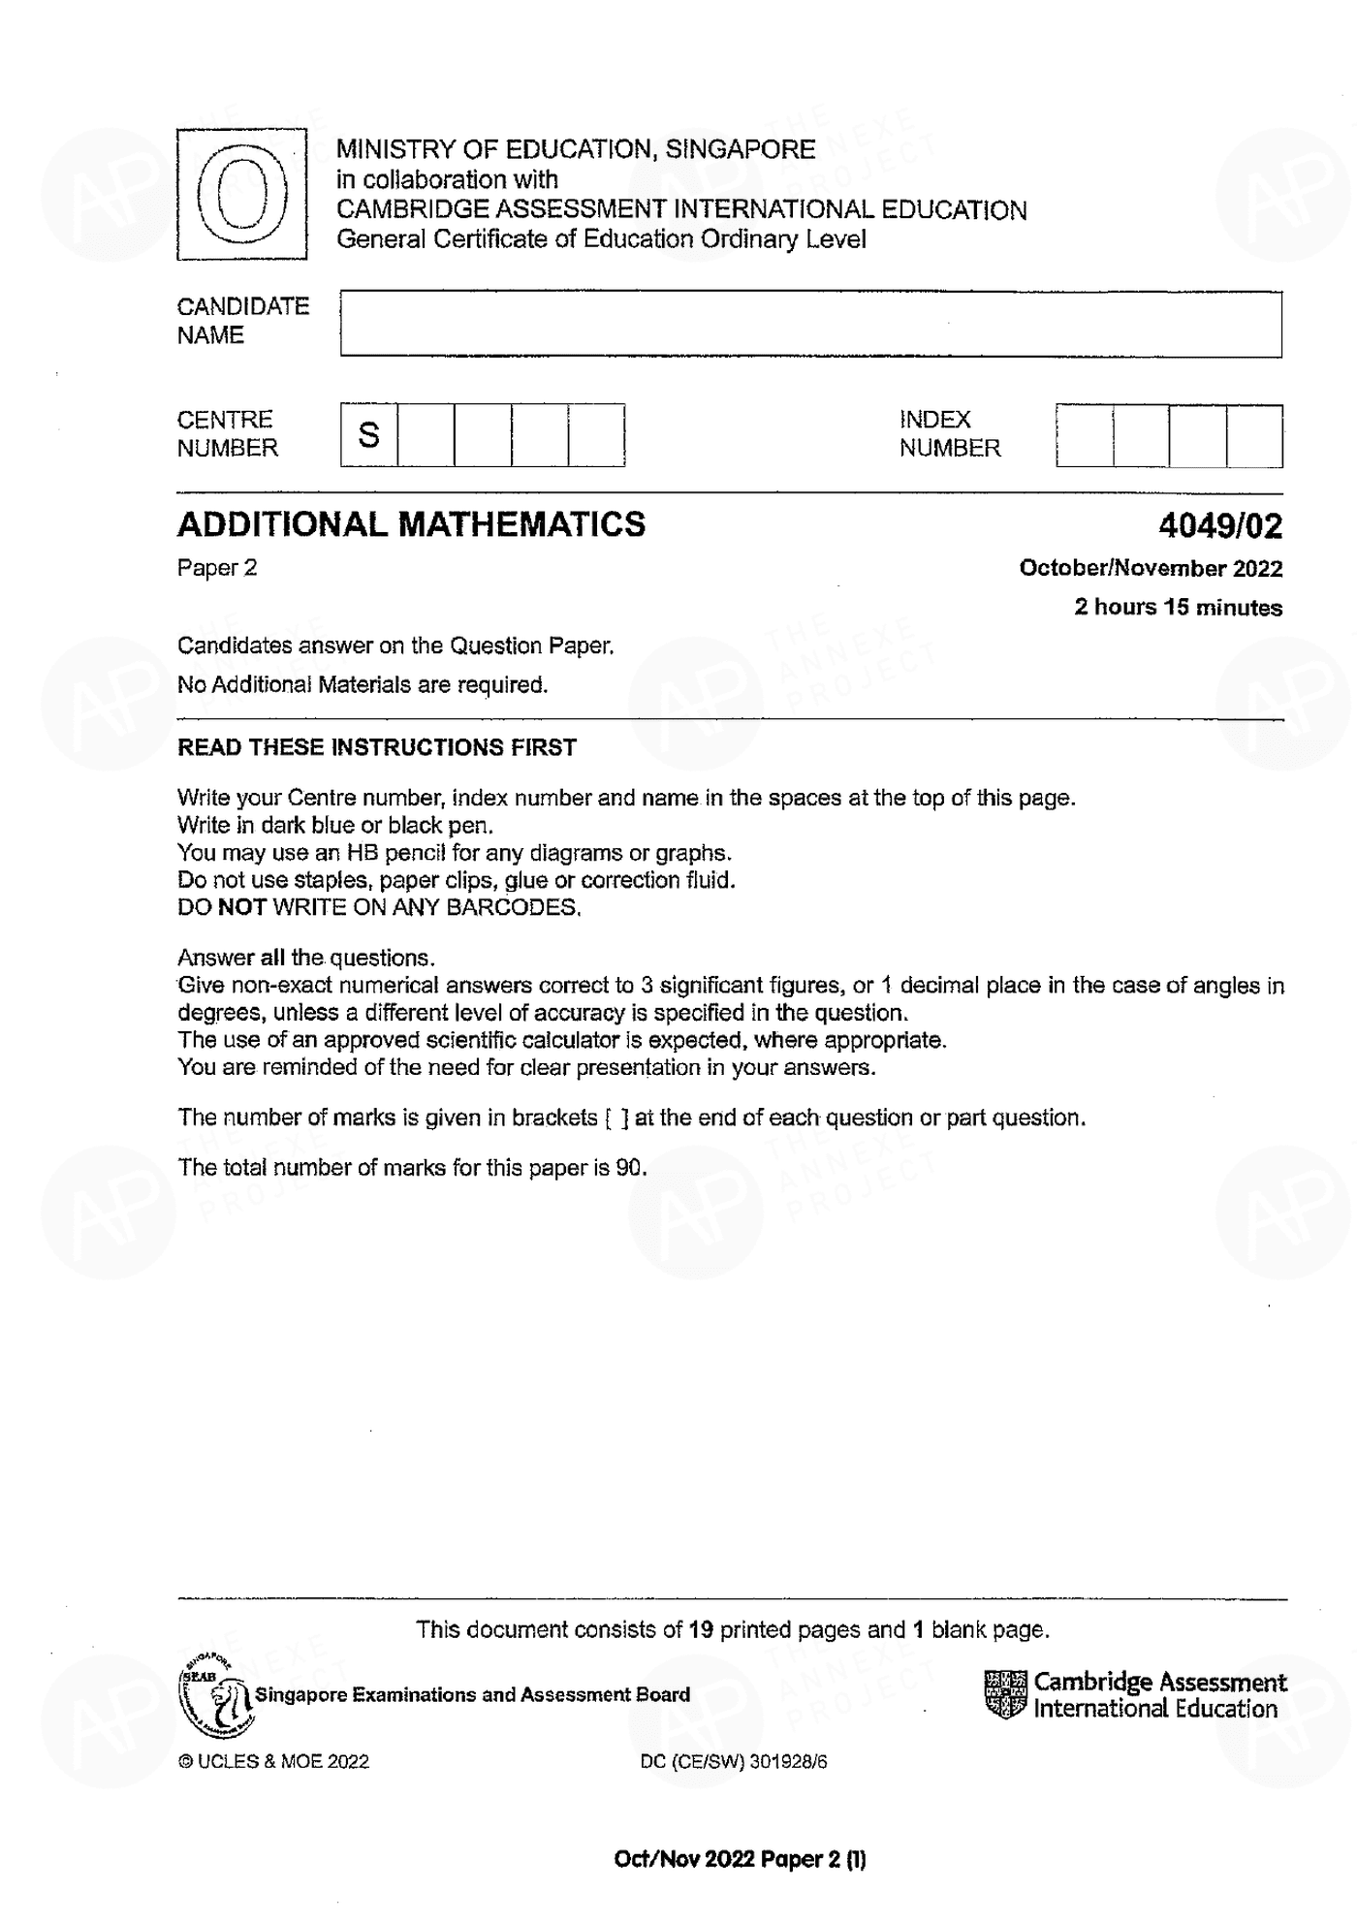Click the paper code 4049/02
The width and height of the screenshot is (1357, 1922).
tap(1219, 526)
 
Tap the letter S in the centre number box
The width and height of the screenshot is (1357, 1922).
tap(368, 435)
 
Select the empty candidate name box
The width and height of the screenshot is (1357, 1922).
tap(810, 324)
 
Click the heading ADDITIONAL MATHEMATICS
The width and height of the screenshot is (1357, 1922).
tap(411, 524)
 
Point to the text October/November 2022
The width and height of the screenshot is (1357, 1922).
tap(1151, 569)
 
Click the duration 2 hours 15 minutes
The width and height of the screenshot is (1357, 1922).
tap(1178, 608)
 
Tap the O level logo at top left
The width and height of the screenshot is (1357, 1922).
tap(241, 195)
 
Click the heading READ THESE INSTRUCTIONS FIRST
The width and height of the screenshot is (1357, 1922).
tap(376, 747)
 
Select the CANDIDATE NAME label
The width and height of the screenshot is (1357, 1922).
tap(242, 321)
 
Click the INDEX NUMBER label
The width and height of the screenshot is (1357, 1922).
tap(949, 434)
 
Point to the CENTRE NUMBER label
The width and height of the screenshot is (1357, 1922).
tap(227, 434)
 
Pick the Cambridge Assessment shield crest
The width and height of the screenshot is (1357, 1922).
tap(1005, 1694)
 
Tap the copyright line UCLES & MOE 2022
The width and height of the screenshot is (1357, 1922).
tap(273, 1761)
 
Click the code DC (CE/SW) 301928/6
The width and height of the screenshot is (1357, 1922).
tap(733, 1761)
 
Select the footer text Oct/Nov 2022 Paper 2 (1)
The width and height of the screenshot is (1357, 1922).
tap(740, 1859)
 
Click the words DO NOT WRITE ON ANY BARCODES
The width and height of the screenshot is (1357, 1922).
tap(378, 907)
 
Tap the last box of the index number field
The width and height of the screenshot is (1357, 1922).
tap(1254, 436)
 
